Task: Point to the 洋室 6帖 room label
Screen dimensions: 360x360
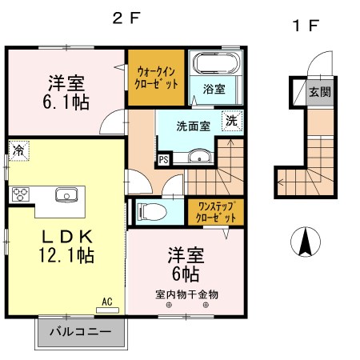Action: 185,264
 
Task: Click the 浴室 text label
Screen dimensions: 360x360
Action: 213,89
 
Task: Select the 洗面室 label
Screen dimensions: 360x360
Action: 194,124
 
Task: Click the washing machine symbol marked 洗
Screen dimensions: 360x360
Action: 230,122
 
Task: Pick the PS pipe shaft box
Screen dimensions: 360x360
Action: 164,158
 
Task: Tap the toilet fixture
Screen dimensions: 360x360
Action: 152,211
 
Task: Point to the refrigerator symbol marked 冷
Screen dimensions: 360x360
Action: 18,150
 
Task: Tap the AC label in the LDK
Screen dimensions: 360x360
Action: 106,302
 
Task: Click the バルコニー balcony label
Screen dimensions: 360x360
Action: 80,330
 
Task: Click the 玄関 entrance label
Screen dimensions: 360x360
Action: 319,90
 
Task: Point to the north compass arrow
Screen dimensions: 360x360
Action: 304,242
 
